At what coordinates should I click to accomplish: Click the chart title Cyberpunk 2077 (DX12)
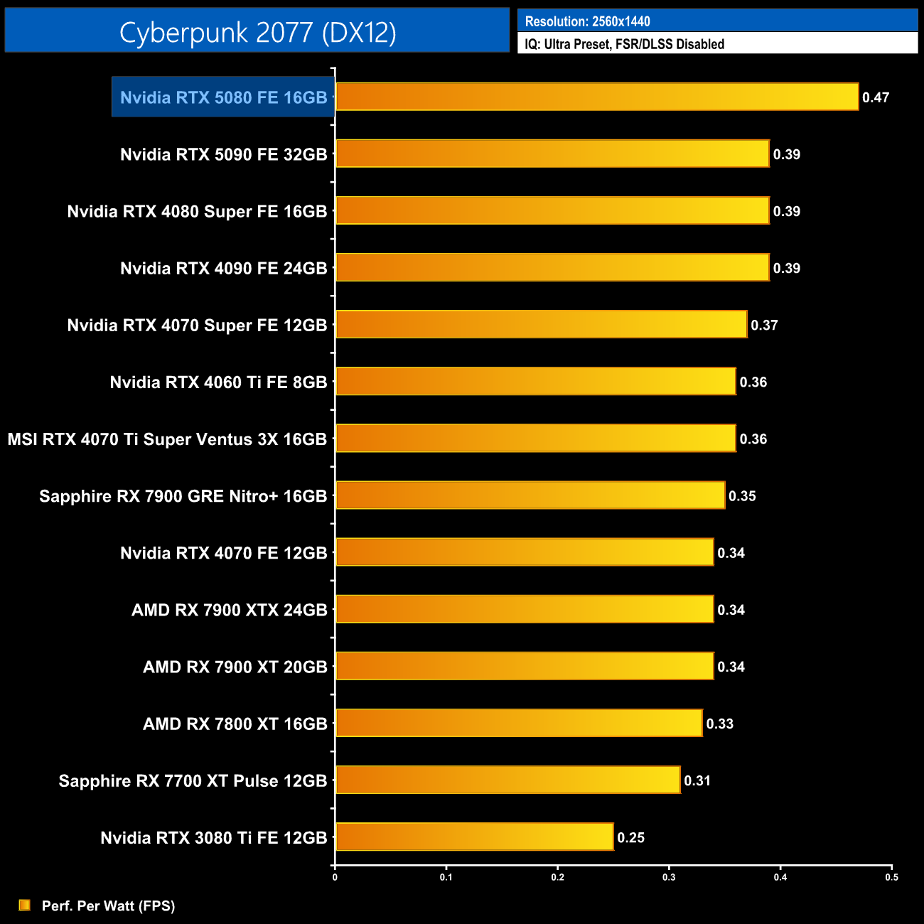click(x=257, y=32)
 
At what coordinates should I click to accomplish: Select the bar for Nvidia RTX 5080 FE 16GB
click(x=596, y=97)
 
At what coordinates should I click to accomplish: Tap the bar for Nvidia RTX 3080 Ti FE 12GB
click(x=474, y=837)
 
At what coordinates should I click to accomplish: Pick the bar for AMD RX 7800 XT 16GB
click(x=519, y=723)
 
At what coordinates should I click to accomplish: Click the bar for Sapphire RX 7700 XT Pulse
click(x=507, y=780)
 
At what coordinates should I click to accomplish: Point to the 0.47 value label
click(x=876, y=97)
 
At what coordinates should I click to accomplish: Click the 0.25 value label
click(x=630, y=837)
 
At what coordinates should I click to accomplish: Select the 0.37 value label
click(x=764, y=325)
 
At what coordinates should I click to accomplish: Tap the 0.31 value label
click(x=697, y=780)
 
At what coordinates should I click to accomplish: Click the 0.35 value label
click(x=742, y=496)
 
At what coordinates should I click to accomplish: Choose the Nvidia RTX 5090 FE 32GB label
click(x=223, y=154)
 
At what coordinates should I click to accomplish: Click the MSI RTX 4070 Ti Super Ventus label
click(x=167, y=439)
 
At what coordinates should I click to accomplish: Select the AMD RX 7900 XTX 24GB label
click(x=229, y=610)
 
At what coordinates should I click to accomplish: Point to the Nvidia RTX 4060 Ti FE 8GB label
click(x=218, y=382)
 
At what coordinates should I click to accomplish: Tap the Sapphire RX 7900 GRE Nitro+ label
click(x=183, y=496)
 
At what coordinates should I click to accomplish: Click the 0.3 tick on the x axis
click(x=669, y=877)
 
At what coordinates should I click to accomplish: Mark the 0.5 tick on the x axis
click(x=891, y=877)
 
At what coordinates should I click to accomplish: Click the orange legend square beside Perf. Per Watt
click(x=25, y=905)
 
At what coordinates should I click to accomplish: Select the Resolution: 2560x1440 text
click(x=587, y=21)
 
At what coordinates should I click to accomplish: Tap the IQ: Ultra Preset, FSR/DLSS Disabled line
click(x=624, y=44)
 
